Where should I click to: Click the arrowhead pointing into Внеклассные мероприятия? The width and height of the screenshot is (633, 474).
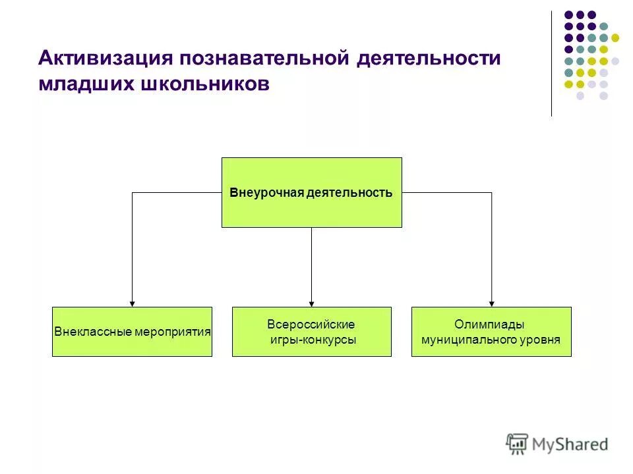[x=132, y=303]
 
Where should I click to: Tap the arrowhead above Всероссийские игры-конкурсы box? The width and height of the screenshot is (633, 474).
[x=311, y=303]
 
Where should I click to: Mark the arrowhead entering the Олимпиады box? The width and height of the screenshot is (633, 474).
[x=491, y=303]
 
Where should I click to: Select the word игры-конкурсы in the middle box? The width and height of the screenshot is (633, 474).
[x=313, y=340]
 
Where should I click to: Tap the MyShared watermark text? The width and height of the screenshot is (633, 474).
[x=570, y=444]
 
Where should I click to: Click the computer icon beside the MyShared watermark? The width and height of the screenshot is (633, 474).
[x=518, y=444]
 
